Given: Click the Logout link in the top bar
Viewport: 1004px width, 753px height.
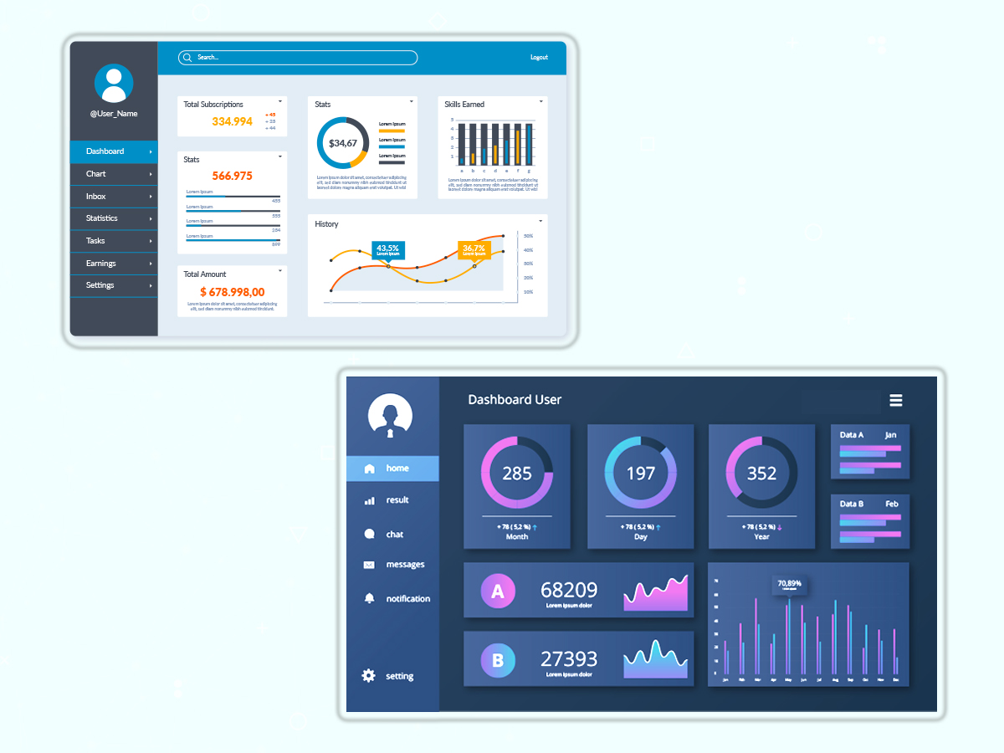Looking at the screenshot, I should [x=539, y=58].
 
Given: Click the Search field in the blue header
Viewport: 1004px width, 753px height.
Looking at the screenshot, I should [x=298, y=58].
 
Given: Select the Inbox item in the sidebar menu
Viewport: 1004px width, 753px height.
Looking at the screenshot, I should [x=96, y=197].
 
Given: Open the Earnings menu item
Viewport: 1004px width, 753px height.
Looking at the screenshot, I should [x=101, y=264].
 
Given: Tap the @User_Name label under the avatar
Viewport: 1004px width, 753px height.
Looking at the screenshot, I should [x=114, y=114].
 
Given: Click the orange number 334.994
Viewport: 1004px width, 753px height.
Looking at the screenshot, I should [x=232, y=121].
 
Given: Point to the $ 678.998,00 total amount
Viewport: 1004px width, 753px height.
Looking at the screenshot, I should [x=233, y=292].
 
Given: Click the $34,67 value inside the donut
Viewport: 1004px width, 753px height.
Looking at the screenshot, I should [x=343, y=144].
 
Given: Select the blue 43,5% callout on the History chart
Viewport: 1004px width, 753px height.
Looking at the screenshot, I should [x=387, y=249].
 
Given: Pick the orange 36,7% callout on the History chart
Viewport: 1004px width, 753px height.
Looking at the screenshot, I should [x=474, y=249].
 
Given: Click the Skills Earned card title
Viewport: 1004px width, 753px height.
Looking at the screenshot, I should [x=464, y=105].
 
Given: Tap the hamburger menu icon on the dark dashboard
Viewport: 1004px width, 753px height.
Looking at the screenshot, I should [x=896, y=401].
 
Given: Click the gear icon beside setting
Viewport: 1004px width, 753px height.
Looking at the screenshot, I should [x=369, y=675].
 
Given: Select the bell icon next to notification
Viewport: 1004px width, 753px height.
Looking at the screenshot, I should [x=369, y=598].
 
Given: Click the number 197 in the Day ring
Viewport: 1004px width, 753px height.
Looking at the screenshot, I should [x=641, y=474].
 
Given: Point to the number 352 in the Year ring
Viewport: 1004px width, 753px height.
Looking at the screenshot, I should [x=761, y=474].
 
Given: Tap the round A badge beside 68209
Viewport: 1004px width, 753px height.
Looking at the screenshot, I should [x=498, y=592].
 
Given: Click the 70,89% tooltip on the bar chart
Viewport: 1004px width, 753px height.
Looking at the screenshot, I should [x=789, y=584].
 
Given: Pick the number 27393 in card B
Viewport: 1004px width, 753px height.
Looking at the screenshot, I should [x=569, y=658].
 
